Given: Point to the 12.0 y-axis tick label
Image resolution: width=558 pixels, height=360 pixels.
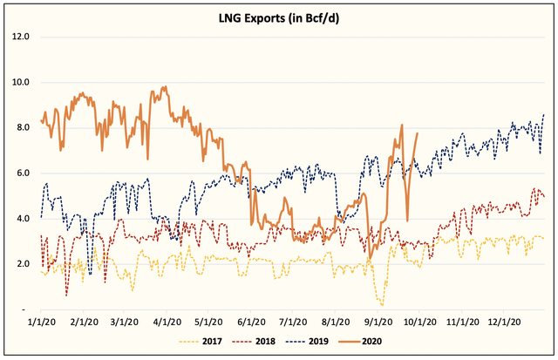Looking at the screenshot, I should click(20, 37).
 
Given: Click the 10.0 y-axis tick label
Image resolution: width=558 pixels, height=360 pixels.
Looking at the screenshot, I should click(20, 83).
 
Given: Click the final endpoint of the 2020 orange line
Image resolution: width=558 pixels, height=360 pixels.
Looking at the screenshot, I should click(418, 133).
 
